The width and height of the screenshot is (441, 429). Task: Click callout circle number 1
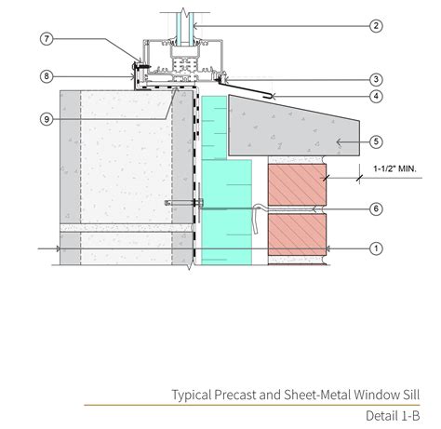tap(376, 248)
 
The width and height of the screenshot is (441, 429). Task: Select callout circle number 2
tap(376, 26)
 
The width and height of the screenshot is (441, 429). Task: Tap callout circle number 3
tap(376, 79)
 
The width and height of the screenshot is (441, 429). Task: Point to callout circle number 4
tap(376, 96)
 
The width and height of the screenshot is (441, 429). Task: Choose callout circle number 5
tap(376, 141)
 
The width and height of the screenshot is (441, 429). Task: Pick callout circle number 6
tap(376, 208)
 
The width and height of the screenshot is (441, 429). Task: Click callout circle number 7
tap(47, 39)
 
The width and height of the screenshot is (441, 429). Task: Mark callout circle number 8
tap(47, 76)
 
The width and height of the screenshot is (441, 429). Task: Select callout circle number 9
tap(47, 119)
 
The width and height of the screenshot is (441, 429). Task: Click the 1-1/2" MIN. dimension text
tap(394, 168)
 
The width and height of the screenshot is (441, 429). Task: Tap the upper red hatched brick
tap(297, 184)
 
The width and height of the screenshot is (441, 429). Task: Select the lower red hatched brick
tap(297, 235)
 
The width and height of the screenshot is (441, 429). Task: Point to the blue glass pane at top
tap(185, 29)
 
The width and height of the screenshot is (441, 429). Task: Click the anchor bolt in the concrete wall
tap(183, 203)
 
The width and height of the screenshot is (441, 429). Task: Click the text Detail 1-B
tap(393, 416)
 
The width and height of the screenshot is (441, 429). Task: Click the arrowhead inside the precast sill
tap(339, 142)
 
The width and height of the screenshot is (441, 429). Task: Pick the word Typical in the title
tap(192, 395)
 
